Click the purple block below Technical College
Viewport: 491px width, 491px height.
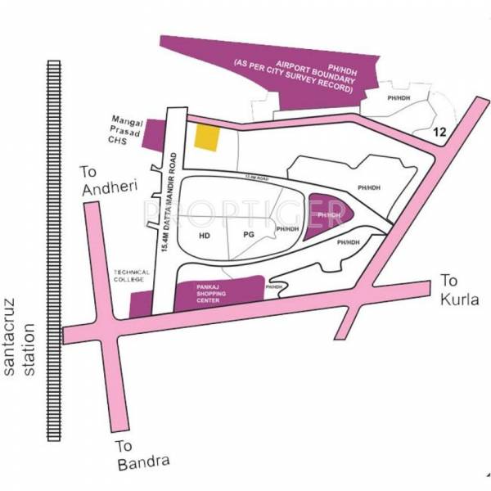click(138, 305)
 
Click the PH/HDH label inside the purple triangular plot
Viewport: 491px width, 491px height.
click(329, 215)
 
